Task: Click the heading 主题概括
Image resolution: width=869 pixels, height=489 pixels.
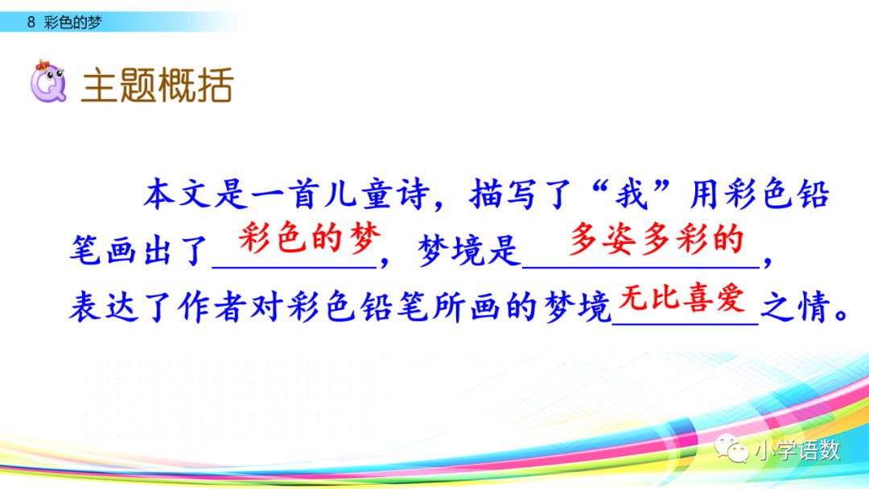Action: [x=157, y=85]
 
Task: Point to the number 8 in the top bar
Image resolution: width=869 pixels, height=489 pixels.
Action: [x=31, y=23]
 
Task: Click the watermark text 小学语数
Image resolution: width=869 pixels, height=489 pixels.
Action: [x=797, y=450]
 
